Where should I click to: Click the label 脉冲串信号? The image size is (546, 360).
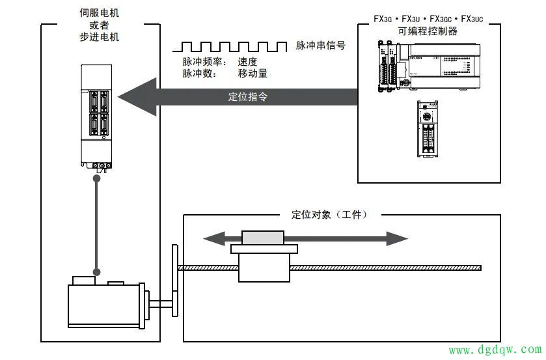tap(320, 46)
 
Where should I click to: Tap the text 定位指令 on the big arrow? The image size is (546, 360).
tap(247, 96)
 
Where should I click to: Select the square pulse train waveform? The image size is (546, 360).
tap(230, 47)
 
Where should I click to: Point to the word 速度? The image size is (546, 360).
tap(247, 62)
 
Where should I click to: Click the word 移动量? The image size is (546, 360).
tap(253, 73)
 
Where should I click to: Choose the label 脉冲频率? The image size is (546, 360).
tap(202, 62)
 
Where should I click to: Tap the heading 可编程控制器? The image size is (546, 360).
tap(428, 31)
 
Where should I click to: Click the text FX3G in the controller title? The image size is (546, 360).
tap(383, 19)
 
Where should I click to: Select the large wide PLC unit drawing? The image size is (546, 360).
tap(430, 66)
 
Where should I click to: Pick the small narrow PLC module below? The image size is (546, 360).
tap(428, 129)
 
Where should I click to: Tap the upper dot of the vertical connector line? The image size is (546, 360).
tap(97, 178)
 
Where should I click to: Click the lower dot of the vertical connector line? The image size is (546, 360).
tap(97, 272)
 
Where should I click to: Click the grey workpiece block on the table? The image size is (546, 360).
tap(263, 238)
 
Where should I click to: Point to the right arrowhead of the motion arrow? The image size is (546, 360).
tap(397, 239)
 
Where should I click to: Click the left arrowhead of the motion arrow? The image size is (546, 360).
tap(214, 239)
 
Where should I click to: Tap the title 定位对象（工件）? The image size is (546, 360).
tap(330, 214)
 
